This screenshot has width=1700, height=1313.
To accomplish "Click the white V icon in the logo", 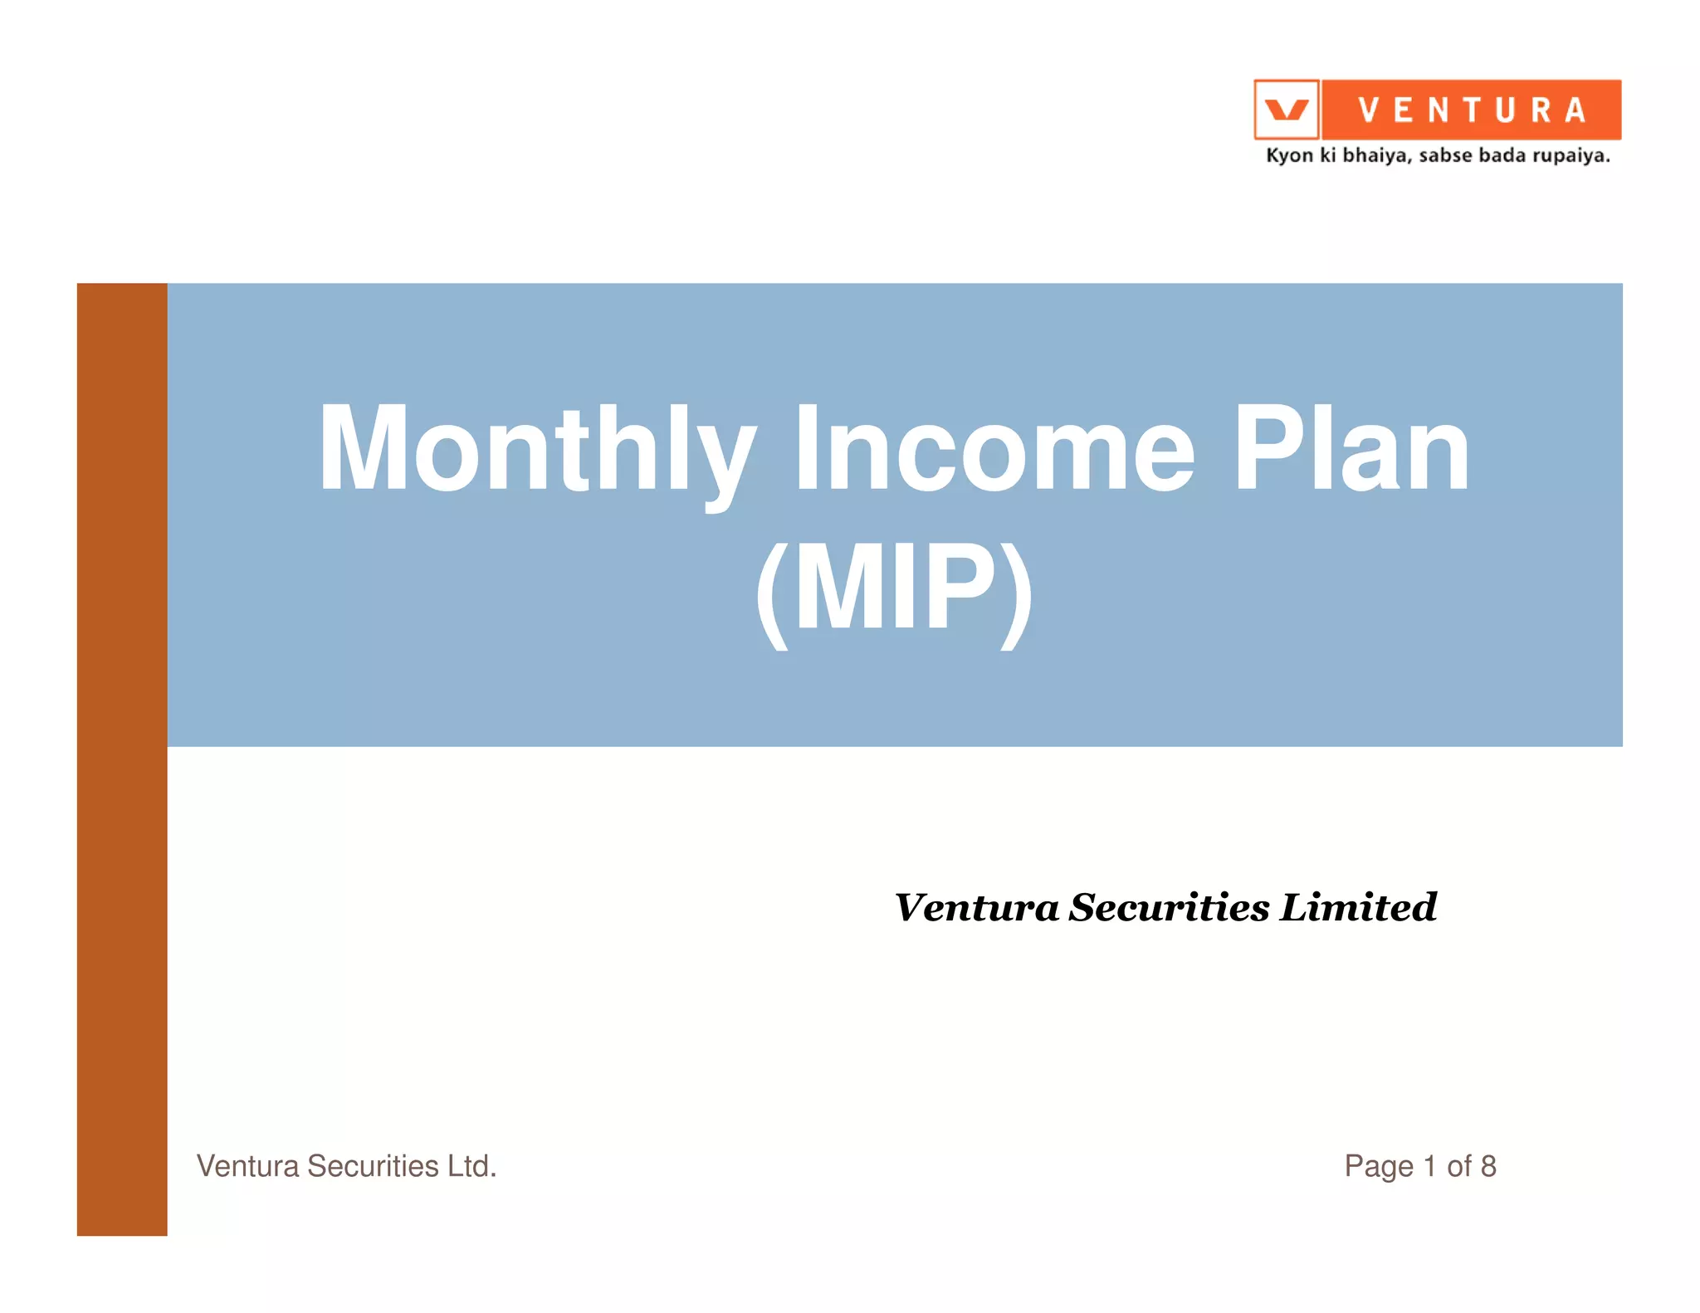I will (x=1286, y=110).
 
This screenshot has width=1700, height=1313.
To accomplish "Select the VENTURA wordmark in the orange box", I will (x=1472, y=110).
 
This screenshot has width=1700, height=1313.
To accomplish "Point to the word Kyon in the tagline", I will (x=1289, y=156).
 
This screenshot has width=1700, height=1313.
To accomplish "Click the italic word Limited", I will (x=1358, y=906).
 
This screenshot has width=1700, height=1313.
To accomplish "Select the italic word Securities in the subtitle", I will (x=1169, y=906).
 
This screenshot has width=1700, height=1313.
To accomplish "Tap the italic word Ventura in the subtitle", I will (x=976, y=906).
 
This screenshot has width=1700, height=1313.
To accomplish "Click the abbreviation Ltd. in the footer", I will (x=471, y=1166).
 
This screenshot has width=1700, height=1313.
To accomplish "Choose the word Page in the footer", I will (x=1379, y=1167).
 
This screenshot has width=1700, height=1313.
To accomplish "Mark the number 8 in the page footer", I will (x=1488, y=1166).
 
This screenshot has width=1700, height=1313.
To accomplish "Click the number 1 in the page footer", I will (x=1429, y=1166).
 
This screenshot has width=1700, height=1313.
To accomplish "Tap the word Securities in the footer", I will (x=373, y=1166).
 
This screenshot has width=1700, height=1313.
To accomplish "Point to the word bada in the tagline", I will (x=1502, y=155).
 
